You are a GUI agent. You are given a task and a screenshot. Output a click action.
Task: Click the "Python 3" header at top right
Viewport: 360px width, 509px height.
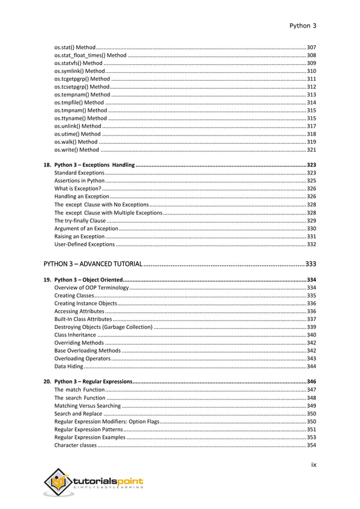[x=302, y=25]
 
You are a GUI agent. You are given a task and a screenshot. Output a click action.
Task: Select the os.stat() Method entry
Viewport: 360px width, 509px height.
[x=75, y=47]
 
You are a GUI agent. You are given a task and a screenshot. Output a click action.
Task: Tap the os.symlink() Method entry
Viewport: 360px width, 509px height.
[x=80, y=71]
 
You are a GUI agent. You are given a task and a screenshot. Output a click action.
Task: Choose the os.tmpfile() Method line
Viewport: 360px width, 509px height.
[x=79, y=103]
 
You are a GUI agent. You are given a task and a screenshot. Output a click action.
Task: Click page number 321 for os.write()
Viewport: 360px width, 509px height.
[x=311, y=150]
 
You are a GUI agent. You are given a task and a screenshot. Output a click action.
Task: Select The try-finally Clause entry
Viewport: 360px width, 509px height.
[x=80, y=220]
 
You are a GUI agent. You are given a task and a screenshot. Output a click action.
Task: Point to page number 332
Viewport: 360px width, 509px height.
[x=311, y=244]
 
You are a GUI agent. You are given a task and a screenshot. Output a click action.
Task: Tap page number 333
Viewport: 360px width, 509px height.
[x=310, y=264]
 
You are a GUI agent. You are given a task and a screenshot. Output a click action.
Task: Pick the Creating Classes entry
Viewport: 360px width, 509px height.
[x=74, y=296]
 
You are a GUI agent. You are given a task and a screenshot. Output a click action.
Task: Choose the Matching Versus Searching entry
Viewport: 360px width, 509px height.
[x=87, y=406]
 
